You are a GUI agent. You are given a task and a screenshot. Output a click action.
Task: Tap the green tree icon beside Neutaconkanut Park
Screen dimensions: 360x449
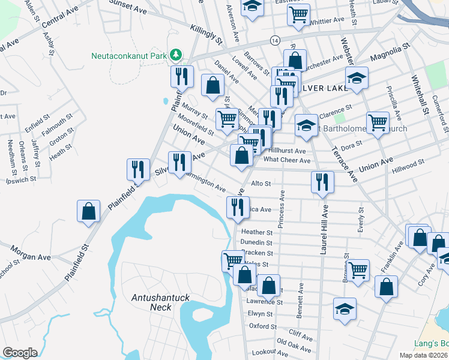pos(175,56)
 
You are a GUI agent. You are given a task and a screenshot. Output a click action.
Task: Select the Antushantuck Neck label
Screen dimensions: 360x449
pos(152,302)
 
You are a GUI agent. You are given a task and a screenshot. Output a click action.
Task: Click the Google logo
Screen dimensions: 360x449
pos(20,353)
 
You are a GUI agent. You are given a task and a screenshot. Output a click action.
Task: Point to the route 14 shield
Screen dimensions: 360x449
pos(274,40)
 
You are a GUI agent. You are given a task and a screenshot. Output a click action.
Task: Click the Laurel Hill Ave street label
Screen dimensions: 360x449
pos(324,229)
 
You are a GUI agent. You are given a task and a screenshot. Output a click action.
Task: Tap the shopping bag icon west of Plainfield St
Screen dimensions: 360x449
pos(88,211)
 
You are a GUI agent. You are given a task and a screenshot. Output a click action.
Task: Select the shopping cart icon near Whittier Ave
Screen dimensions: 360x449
pos(298,14)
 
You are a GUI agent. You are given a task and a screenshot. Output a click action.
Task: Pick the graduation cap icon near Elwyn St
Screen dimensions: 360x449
pos(345,309)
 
